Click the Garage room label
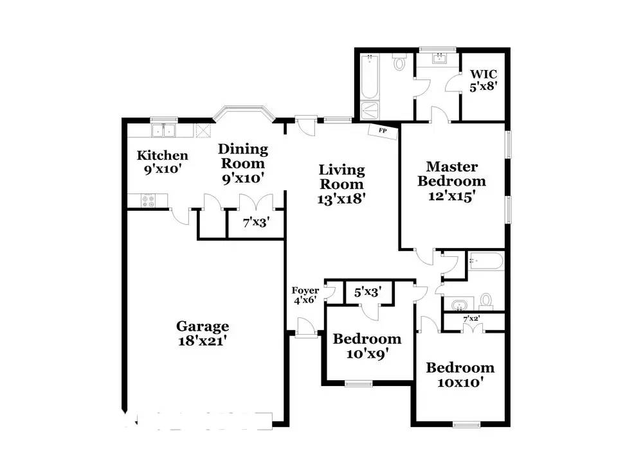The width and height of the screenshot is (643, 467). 203,333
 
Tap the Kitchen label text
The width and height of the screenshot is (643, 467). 163,163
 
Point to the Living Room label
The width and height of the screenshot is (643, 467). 341,184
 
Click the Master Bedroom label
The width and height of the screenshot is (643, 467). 451,182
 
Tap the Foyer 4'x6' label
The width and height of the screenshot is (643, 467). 305,295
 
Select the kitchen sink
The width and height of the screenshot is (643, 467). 164,131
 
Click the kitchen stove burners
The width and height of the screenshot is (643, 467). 148,201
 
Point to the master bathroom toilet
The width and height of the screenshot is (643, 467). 399,63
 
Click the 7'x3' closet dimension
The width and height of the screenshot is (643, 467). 255,223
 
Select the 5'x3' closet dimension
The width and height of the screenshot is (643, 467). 368,292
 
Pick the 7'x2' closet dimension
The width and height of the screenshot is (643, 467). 473,319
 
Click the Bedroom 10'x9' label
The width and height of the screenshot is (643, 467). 367,346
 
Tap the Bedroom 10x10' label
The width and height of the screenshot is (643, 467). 460,375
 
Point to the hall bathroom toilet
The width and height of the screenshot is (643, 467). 486,300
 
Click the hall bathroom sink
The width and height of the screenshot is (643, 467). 458,303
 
